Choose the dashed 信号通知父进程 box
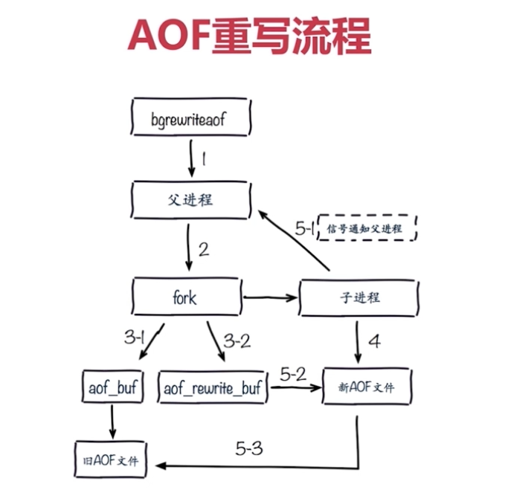(x=365, y=228)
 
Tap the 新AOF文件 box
(x=366, y=386)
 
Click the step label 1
(x=203, y=160)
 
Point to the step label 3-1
(x=133, y=338)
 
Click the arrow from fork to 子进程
(x=271, y=298)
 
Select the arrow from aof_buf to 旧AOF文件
(x=112, y=421)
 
